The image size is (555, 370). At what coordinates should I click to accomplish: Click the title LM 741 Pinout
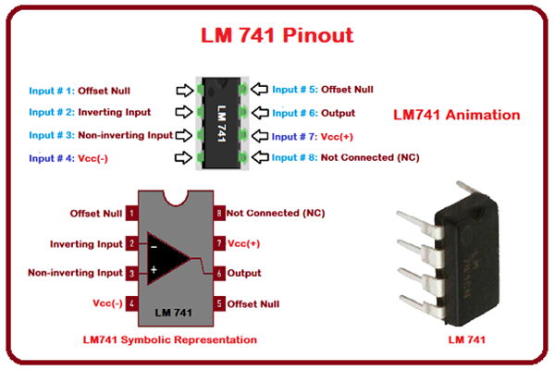(x=277, y=35)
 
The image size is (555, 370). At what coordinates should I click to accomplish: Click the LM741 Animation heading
(x=456, y=116)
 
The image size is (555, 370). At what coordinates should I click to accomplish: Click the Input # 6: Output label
(x=312, y=113)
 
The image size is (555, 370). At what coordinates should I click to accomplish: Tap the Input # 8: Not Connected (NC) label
(x=344, y=158)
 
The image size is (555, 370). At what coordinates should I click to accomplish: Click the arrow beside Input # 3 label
(x=186, y=136)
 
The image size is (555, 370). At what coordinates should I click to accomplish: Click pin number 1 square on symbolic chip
(x=132, y=214)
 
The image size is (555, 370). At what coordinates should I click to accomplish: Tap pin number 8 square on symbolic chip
(x=219, y=214)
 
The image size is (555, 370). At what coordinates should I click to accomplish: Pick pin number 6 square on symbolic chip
(x=219, y=274)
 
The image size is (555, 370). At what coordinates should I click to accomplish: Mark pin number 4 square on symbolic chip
(x=132, y=303)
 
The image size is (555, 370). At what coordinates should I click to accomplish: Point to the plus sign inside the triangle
(x=154, y=269)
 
